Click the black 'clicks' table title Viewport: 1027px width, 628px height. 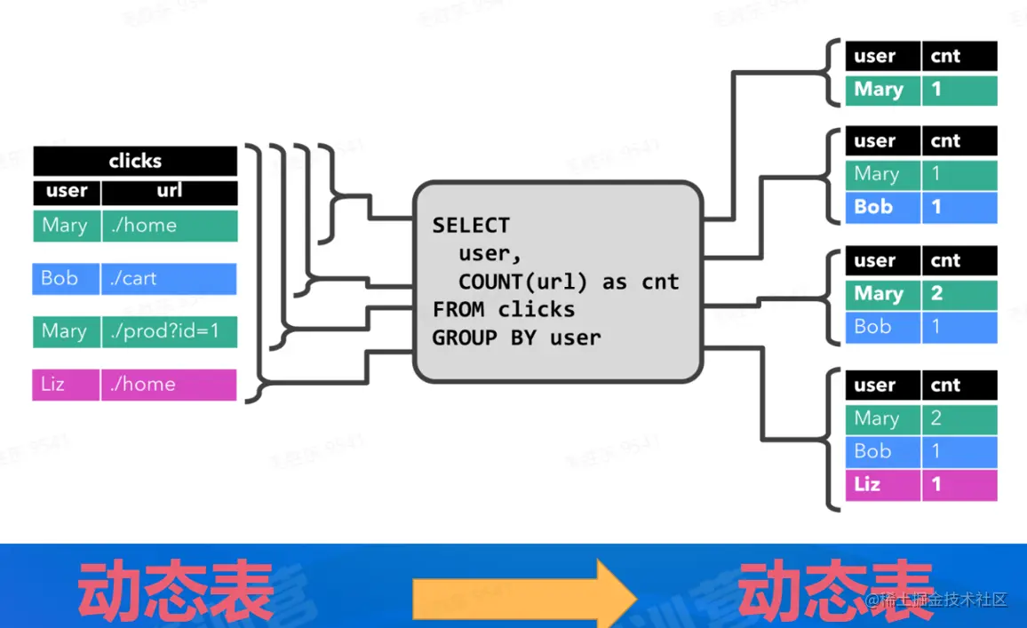click(135, 161)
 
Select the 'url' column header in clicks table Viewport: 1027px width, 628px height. click(169, 191)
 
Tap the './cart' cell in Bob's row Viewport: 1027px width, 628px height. click(168, 278)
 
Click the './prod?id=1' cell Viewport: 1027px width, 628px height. click(168, 331)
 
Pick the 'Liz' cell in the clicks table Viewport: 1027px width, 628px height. click(65, 385)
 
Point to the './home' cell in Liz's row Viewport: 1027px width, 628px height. click(168, 385)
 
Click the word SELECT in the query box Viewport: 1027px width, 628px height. click(471, 226)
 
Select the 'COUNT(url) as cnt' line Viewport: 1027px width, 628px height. click(569, 282)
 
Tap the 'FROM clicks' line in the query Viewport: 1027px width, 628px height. click(504, 309)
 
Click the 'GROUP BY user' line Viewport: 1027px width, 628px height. click(516, 338)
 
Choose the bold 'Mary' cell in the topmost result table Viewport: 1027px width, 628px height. click(880, 90)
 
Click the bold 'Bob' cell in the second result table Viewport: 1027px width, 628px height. click(880, 207)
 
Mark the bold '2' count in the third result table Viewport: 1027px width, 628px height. click(959, 294)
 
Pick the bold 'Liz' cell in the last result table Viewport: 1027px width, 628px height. click(880, 484)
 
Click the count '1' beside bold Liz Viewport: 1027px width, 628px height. click(959, 484)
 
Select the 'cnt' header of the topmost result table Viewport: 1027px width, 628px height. click(959, 56)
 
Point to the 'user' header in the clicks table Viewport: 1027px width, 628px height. click(67, 191)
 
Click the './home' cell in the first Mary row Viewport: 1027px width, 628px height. click(168, 226)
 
